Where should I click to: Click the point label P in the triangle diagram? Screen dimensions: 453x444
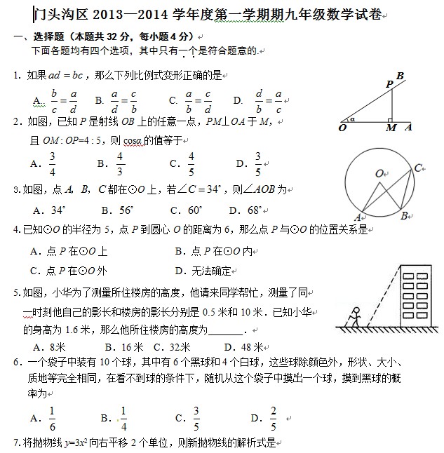389,85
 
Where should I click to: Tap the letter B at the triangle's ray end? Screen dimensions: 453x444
401,76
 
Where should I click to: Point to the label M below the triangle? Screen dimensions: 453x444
391,128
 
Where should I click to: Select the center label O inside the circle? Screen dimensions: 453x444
379,173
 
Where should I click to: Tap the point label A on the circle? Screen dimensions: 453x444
357,217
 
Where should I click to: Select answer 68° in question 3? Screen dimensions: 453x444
252,210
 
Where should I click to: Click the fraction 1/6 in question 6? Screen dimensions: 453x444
53,419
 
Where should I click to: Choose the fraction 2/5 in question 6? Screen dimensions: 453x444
273,419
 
